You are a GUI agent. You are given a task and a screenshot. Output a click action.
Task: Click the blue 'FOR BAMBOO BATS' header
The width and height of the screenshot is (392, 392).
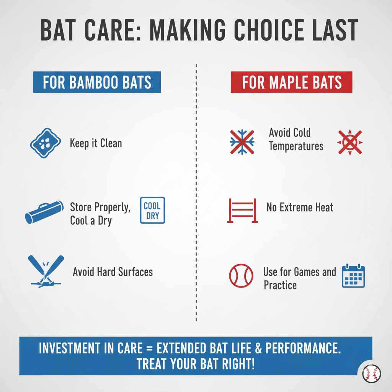(97, 82)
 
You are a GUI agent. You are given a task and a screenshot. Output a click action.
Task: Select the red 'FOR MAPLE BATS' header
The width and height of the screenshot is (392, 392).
(291, 82)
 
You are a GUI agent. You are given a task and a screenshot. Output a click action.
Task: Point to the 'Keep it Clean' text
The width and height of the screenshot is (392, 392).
(96, 144)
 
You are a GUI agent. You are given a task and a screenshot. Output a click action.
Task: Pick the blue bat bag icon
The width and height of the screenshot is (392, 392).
(44, 212)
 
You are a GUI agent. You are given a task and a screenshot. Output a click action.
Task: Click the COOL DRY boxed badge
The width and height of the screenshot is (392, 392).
(152, 210)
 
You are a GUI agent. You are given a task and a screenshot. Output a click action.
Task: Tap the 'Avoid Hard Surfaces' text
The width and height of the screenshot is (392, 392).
(113, 272)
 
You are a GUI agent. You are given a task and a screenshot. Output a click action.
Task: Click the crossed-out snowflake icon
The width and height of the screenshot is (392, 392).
(242, 142)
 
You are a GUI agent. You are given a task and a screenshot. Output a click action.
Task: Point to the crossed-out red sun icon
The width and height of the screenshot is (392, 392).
(350, 142)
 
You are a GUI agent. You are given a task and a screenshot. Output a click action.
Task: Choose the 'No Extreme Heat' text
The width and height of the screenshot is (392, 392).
(300, 208)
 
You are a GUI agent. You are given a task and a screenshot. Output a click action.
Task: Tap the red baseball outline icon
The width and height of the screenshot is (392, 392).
(241, 276)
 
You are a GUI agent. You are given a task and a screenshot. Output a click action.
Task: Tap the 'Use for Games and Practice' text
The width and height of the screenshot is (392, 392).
(299, 278)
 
